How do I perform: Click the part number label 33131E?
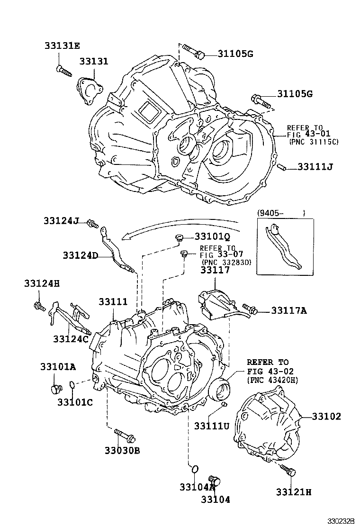tap(63, 46)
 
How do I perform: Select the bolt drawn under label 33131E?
tap(63, 71)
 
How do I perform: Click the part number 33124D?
tap(80, 255)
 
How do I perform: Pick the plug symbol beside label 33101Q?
tap(180, 238)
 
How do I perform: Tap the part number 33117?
tap(215, 270)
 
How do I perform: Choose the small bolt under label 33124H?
tap(39, 306)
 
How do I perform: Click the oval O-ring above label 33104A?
tap(194, 470)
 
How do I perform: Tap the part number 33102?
tap(326, 417)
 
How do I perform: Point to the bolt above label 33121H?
tap(288, 471)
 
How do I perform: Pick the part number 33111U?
tap(211, 426)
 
